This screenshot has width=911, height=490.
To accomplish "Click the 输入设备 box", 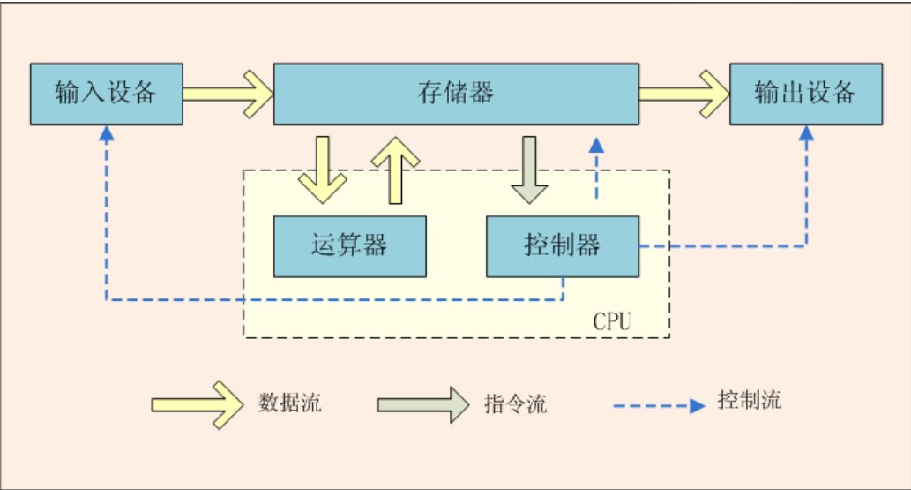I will [106, 94].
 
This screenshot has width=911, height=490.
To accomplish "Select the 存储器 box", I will [456, 94].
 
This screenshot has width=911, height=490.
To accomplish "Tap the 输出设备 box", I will [806, 94].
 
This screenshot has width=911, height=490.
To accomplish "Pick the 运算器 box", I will [349, 245].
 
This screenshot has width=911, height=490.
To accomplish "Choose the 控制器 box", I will [563, 245].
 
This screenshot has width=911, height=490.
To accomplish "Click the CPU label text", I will [612, 320].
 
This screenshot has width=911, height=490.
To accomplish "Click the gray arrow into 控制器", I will [530, 170].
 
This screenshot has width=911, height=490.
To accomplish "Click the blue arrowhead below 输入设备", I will [107, 133].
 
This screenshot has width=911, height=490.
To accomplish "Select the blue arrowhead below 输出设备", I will [806, 133].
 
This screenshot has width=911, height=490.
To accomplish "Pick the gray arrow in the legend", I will [422, 404].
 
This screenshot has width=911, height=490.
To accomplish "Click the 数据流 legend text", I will [290, 403].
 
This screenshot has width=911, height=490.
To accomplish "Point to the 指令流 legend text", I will [516, 404].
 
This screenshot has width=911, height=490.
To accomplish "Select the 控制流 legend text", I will [750, 400].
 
